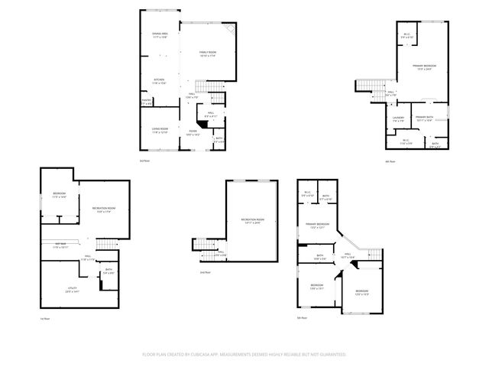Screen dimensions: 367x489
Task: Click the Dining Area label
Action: (x=160, y=34)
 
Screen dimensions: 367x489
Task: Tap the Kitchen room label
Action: (x=159, y=80)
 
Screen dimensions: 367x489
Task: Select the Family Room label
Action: (x=207, y=52)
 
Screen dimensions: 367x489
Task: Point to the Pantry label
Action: (x=146, y=100)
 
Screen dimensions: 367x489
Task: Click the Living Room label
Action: (x=159, y=131)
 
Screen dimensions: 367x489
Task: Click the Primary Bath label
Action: (x=424, y=117)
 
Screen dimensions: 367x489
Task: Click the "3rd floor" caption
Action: (x=144, y=161)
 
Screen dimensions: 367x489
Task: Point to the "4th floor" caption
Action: (x=389, y=161)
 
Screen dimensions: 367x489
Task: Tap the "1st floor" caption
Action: (x=44, y=318)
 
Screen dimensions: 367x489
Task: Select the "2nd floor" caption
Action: (x=204, y=272)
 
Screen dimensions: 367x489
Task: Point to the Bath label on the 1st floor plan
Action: (x=108, y=270)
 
